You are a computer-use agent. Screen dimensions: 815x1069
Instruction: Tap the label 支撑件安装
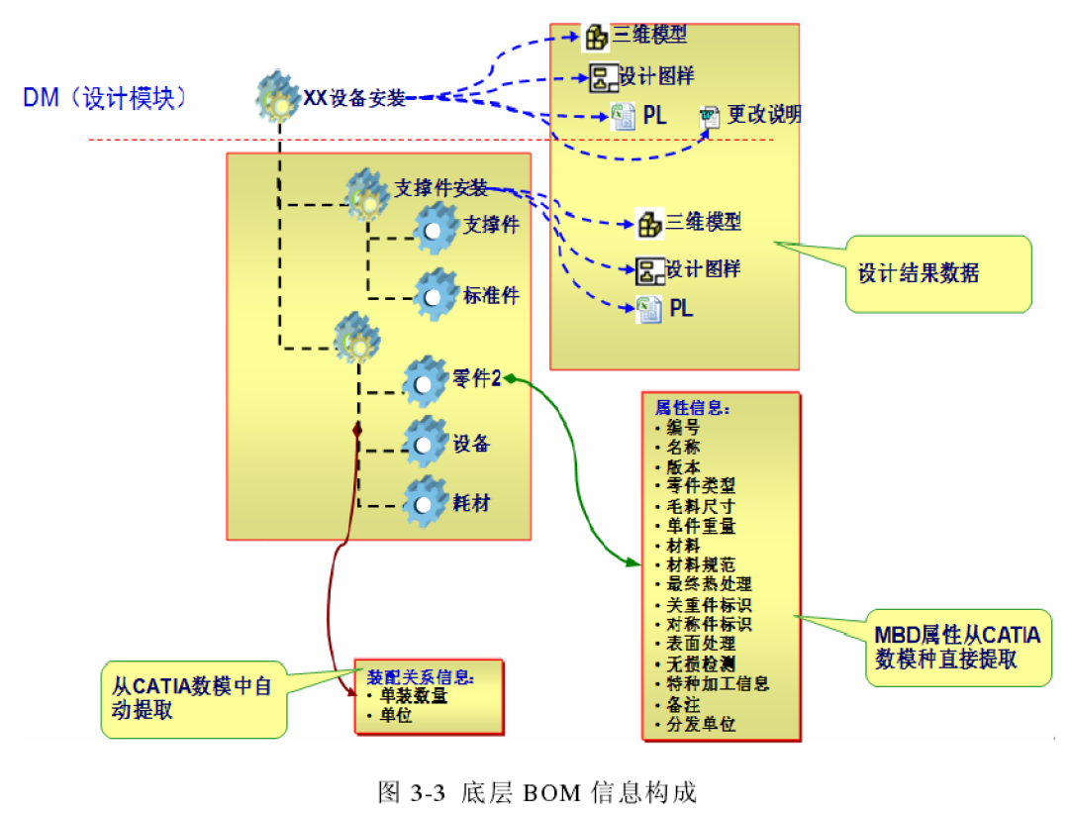[440, 187]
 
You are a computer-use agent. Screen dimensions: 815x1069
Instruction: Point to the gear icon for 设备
[427, 441]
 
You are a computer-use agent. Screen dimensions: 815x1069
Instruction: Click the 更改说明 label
[764, 115]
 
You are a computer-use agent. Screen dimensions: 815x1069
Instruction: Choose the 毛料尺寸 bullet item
[701, 506]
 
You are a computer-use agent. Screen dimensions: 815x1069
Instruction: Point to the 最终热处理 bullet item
[709, 584]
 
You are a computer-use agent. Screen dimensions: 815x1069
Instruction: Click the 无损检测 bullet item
[701, 663]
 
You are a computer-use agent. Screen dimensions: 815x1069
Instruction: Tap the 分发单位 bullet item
[701, 724]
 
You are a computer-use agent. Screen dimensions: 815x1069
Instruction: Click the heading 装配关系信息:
[421, 677]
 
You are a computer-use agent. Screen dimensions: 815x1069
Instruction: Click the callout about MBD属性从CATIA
[959, 647]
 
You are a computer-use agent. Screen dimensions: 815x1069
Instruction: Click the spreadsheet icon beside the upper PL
[623, 116]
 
